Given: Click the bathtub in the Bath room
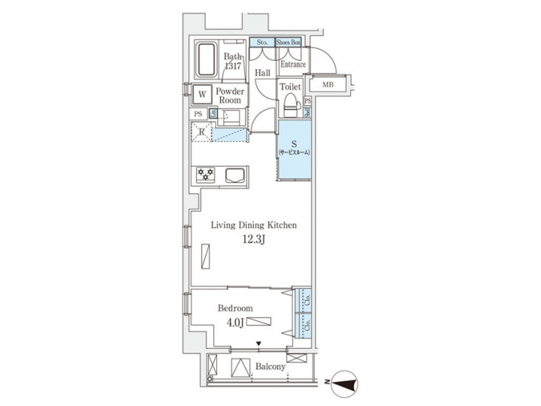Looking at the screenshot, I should [207, 60].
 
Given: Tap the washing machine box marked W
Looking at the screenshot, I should [201, 95].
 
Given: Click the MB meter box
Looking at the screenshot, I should [328, 85].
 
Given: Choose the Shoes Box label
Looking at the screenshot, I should [288, 44].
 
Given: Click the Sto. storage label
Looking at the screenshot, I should [261, 44].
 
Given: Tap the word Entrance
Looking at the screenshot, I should [293, 65].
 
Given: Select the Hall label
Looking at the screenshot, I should [262, 73].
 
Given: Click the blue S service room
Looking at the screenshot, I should [293, 150].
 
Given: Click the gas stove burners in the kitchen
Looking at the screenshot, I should [206, 174].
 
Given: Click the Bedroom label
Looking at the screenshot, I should [235, 308].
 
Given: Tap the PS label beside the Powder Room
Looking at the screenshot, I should [198, 114].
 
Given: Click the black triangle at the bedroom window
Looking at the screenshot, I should [260, 345].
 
